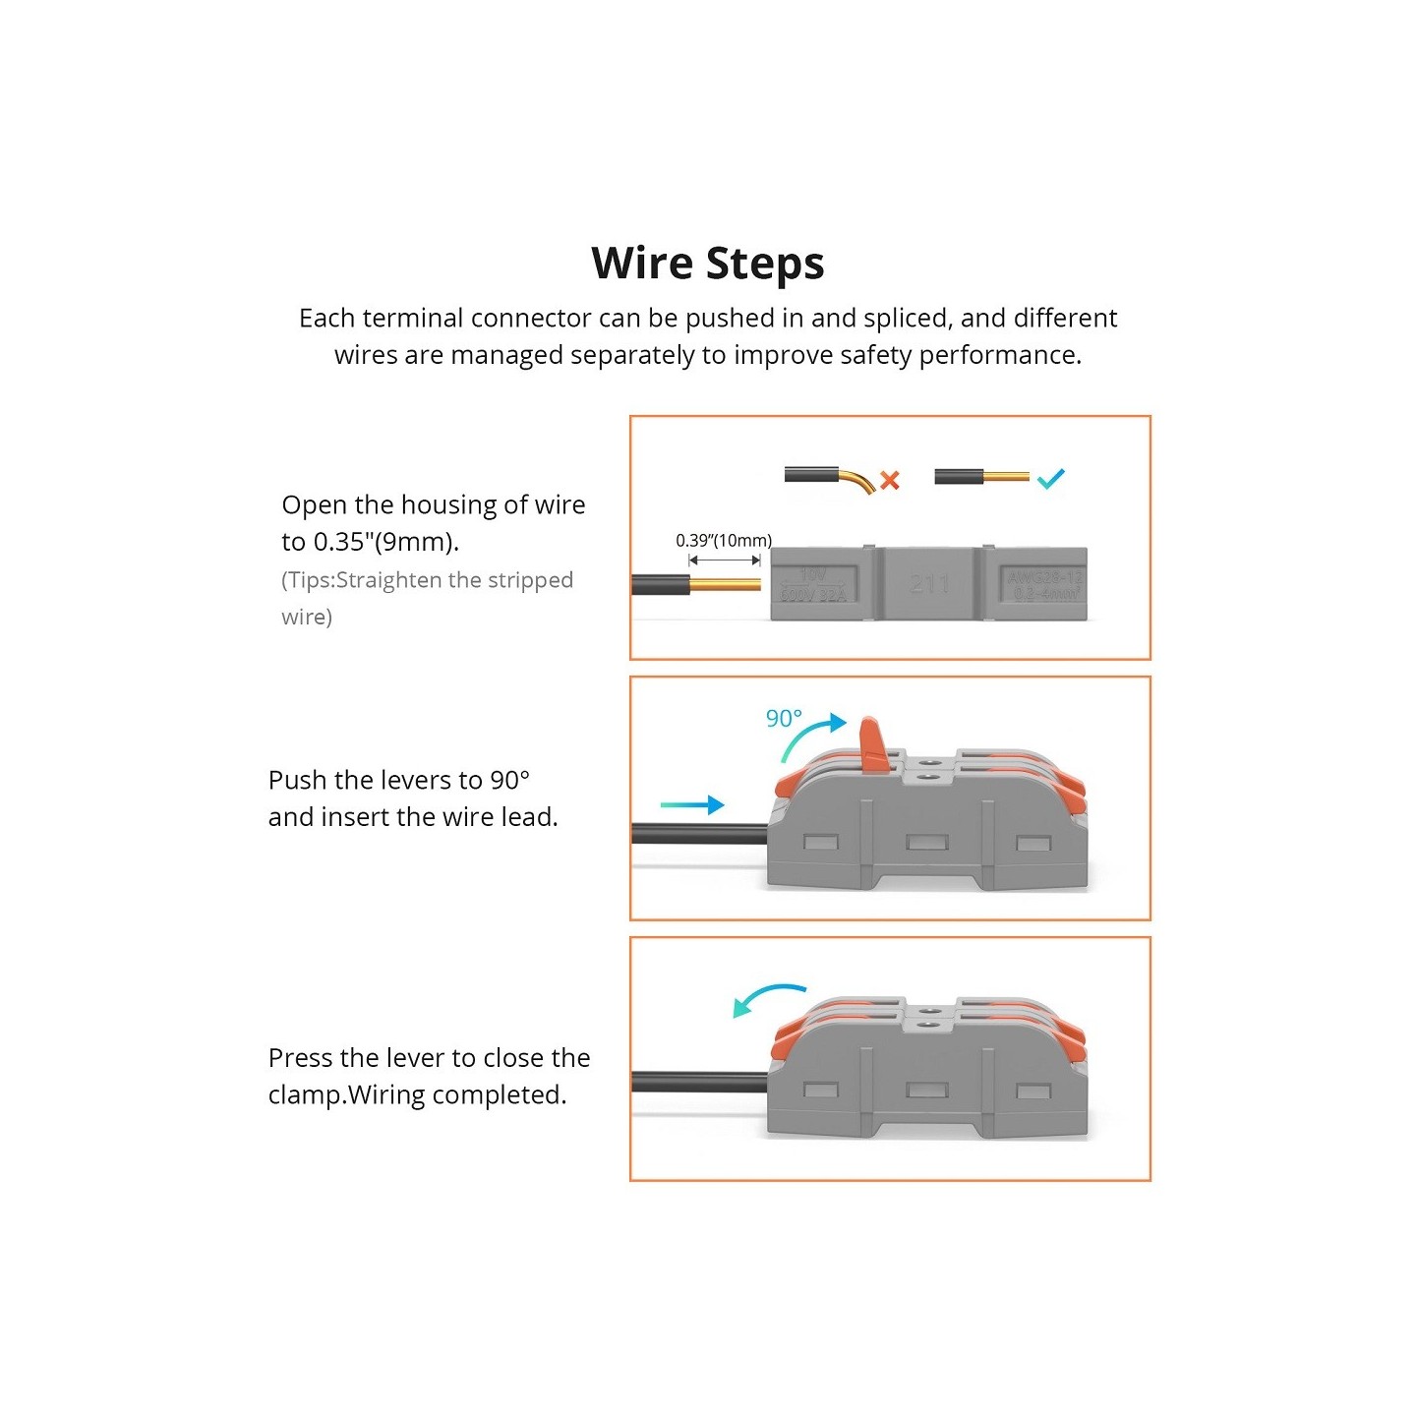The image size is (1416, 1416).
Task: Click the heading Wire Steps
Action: click(x=707, y=264)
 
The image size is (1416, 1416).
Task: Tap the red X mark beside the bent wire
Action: click(x=890, y=480)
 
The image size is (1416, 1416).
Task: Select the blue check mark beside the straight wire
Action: click(x=1050, y=479)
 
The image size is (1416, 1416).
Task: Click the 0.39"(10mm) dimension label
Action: click(x=724, y=541)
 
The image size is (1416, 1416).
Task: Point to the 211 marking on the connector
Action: click(x=929, y=584)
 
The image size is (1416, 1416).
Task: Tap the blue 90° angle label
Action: click(x=784, y=719)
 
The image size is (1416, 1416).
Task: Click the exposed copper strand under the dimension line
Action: click(x=725, y=584)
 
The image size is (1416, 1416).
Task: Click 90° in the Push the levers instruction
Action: click(x=510, y=781)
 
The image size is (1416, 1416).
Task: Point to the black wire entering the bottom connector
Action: click(x=698, y=1083)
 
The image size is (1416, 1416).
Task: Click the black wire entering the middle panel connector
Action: click(x=698, y=835)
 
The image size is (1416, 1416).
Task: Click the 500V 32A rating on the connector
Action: click(x=813, y=595)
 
